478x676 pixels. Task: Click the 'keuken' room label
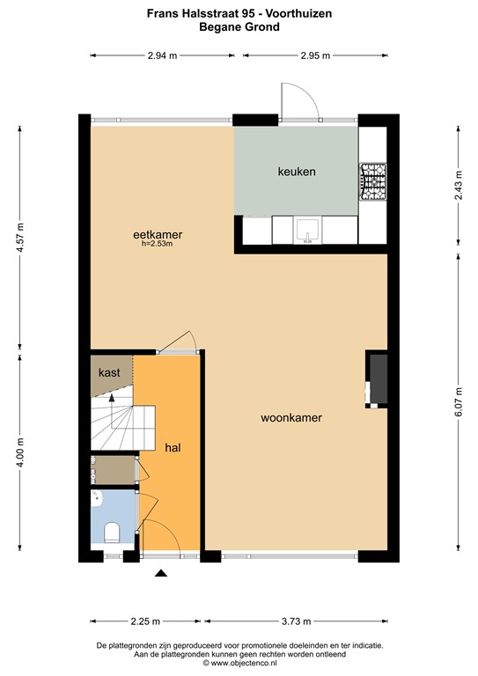pyautogui.click(x=296, y=172)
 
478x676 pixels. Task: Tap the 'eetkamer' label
pyautogui.click(x=157, y=234)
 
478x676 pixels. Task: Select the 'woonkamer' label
pyautogui.click(x=290, y=418)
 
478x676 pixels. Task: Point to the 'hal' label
pyautogui.click(x=173, y=448)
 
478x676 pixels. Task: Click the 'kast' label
pyautogui.click(x=109, y=373)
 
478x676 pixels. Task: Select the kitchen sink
pyautogui.click(x=305, y=230)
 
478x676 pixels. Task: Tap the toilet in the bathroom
pyautogui.click(x=112, y=533)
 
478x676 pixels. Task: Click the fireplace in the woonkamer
pyautogui.click(x=377, y=380)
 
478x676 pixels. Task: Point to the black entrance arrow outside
pyautogui.click(x=161, y=574)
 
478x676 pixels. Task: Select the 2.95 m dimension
pyautogui.click(x=314, y=55)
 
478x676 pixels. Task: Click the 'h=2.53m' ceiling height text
pyautogui.click(x=157, y=244)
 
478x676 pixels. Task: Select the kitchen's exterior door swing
pyautogui.click(x=296, y=99)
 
